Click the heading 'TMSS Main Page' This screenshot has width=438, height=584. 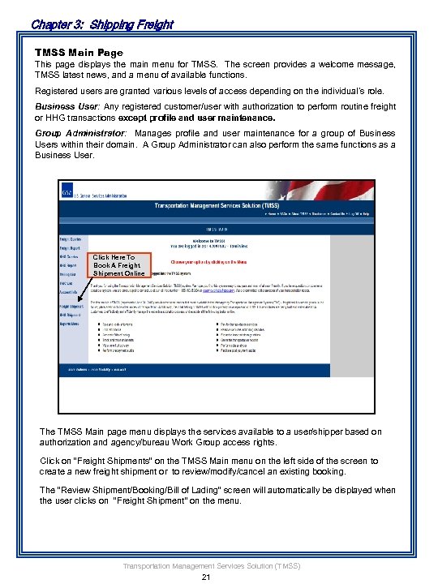79,52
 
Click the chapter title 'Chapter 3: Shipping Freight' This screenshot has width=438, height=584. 101,24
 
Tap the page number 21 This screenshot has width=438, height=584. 205,577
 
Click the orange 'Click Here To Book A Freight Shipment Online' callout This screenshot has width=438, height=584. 119,265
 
